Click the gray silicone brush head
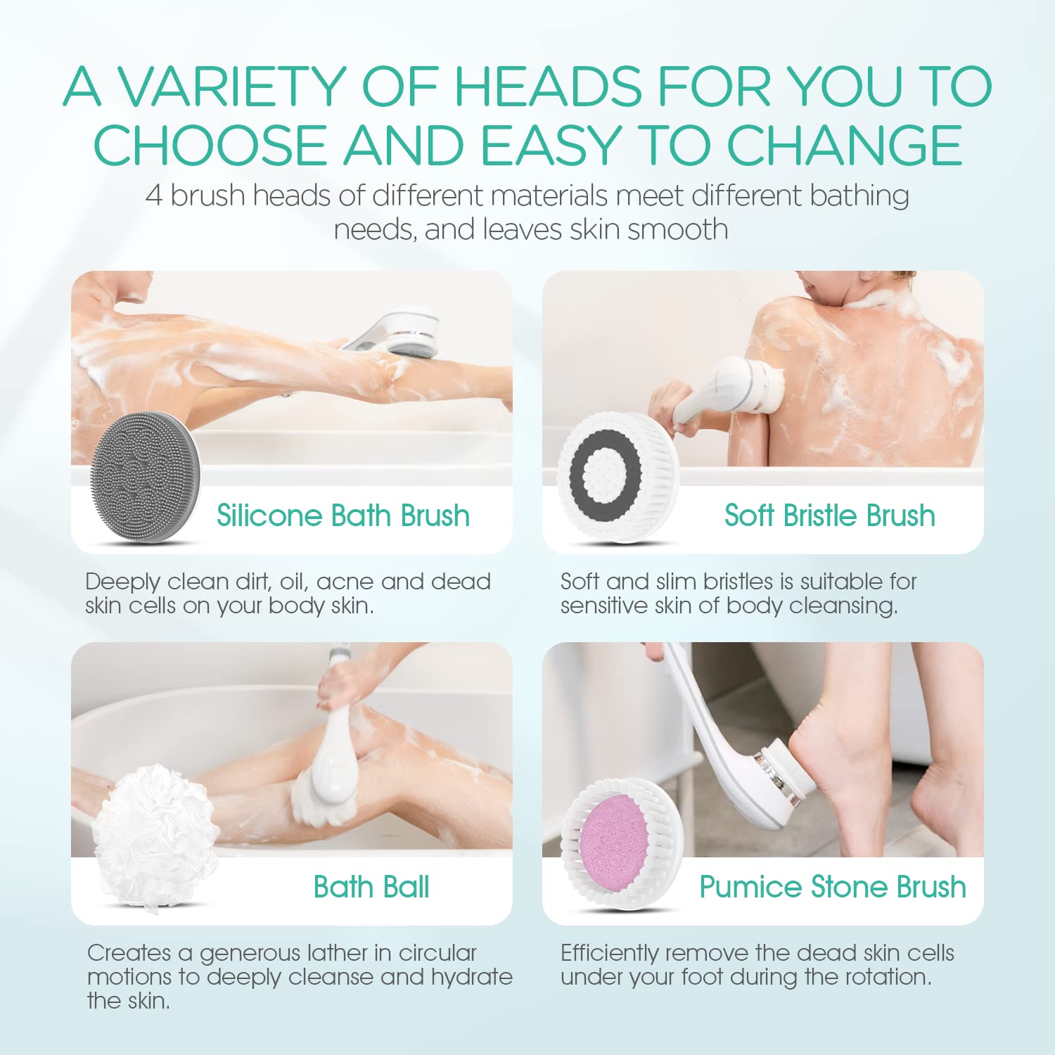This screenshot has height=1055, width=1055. pyautogui.click(x=145, y=478)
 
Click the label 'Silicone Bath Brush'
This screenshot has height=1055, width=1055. pyautogui.click(x=343, y=516)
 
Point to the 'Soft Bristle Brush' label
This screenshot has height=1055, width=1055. pyautogui.click(x=830, y=516)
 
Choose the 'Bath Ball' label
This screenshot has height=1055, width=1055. pyautogui.click(x=371, y=887)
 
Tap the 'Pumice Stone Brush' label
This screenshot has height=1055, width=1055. pyautogui.click(x=833, y=887)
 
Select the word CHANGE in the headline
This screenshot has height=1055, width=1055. pyautogui.click(x=844, y=146)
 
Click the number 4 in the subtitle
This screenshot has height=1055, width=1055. pyautogui.click(x=154, y=196)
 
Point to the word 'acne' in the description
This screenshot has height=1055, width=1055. pyautogui.click(x=345, y=582)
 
